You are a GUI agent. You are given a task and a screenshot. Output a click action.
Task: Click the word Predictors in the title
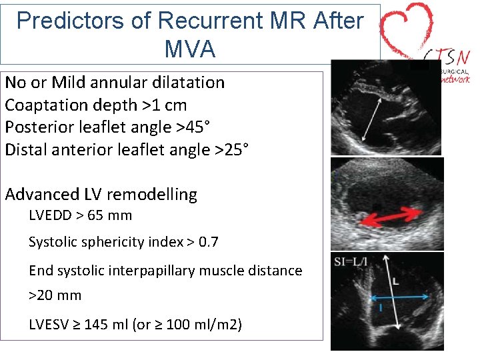click(x=66, y=21)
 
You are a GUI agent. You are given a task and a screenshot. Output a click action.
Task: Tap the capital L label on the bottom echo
click(x=396, y=282)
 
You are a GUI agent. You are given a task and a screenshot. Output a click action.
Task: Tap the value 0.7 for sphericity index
click(x=208, y=242)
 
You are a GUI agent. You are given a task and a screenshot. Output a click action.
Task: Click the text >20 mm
click(x=55, y=295)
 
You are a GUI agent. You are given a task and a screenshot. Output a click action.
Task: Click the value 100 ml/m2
click(x=200, y=325)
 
